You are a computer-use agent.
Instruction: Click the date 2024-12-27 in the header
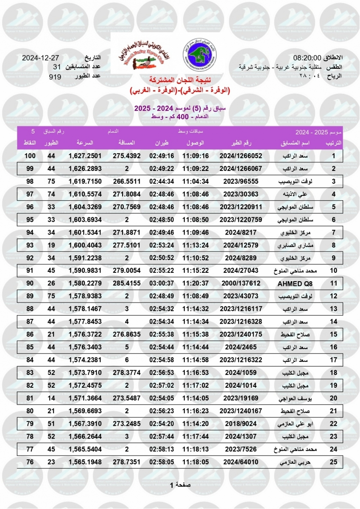point(40,58)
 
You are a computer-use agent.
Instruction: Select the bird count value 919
point(55,77)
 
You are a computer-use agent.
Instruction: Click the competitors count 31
point(57,67)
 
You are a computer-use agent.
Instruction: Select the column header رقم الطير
point(241,143)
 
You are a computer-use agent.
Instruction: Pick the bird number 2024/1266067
point(241,169)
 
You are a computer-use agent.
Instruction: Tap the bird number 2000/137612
point(241,283)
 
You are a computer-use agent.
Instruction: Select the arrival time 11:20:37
point(195,283)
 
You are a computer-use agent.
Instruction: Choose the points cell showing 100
point(29,156)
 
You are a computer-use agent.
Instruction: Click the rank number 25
point(334,461)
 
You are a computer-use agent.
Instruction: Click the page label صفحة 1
point(180,485)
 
